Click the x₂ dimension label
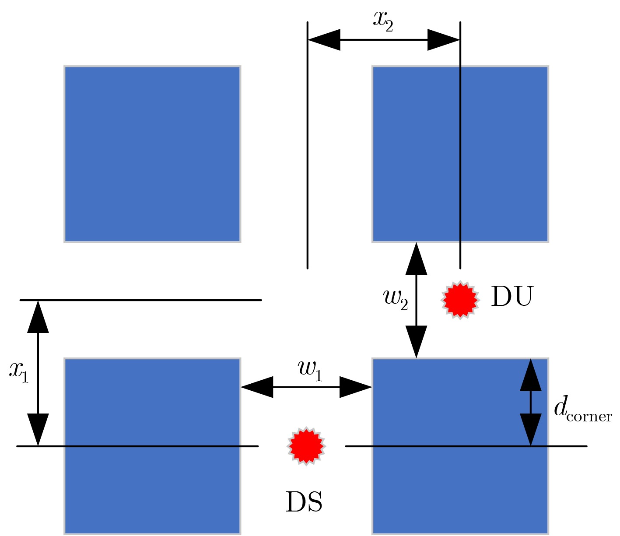pyautogui.click(x=383, y=21)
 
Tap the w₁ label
pyautogui.click(x=310, y=371)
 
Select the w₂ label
pyautogui.click(x=396, y=300)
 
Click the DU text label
pyautogui.click(x=512, y=296)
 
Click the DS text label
pyautogui.click(x=304, y=502)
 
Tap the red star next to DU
pyautogui.click(x=460, y=300)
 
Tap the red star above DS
pyautogui.click(x=306, y=446)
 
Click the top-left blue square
pyautogui.click(x=152, y=154)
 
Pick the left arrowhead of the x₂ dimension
pyautogui.click(x=324, y=39)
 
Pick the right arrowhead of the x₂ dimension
pyautogui.click(x=443, y=39)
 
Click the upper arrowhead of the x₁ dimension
pyautogui.click(x=38, y=317)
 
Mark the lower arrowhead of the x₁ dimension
pyautogui.click(x=38, y=430)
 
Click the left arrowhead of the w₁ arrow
pyautogui.click(x=257, y=387)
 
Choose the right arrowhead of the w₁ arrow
pyautogui.click(x=356, y=387)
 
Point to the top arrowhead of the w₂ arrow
pyautogui.click(x=417, y=259)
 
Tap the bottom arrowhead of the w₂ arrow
pyautogui.click(x=417, y=342)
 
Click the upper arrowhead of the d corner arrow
pyautogui.click(x=531, y=375)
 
